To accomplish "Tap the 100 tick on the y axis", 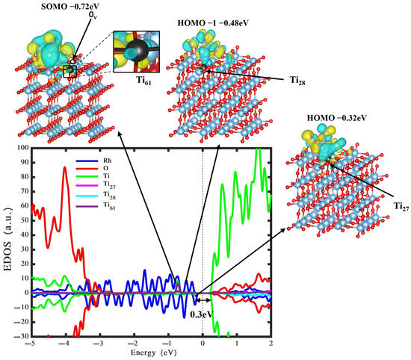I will tap(19, 148).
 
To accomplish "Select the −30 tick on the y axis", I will tap(19, 336).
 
